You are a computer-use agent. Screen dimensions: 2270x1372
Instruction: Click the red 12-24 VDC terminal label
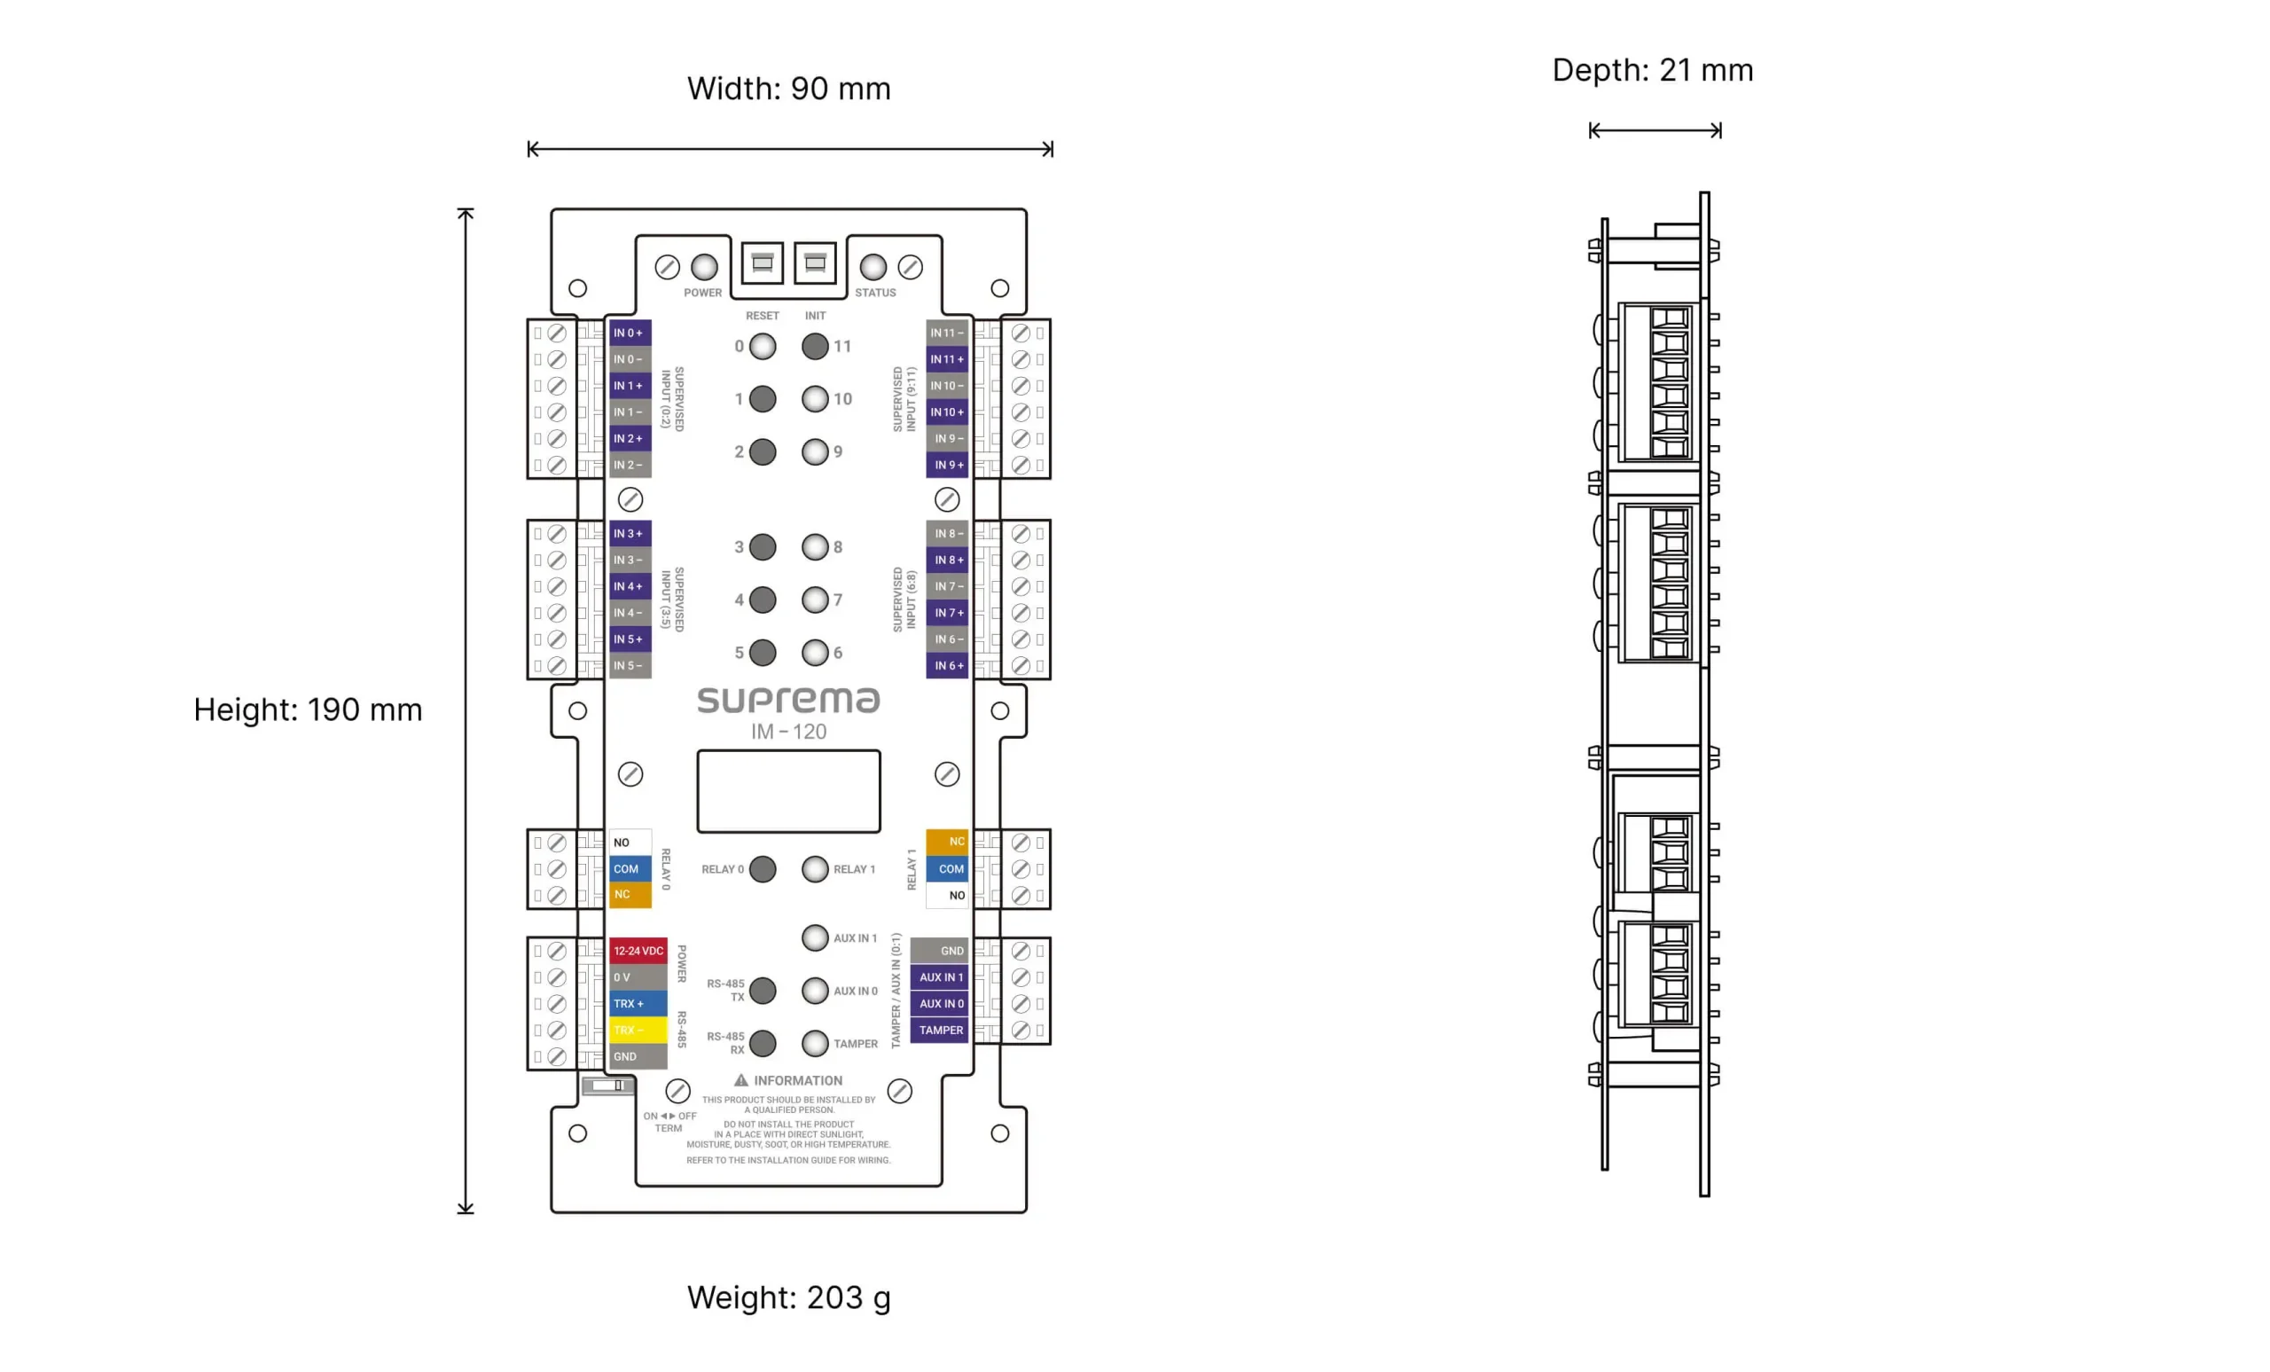(638, 950)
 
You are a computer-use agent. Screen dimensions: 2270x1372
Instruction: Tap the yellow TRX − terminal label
(638, 1030)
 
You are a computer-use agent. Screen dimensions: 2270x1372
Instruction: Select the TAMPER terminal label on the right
(939, 1030)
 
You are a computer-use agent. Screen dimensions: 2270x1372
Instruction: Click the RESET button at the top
(762, 263)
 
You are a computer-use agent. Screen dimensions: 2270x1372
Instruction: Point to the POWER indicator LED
(704, 267)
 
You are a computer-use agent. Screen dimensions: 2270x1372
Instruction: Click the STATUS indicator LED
(873, 267)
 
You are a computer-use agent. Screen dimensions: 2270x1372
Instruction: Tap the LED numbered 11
(814, 347)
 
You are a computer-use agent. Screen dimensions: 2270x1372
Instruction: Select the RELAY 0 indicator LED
(762, 869)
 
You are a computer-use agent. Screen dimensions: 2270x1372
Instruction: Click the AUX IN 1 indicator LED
(814, 937)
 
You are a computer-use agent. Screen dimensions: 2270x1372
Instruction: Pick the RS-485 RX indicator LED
(762, 1043)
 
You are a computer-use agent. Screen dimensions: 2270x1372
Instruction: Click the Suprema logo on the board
(788, 701)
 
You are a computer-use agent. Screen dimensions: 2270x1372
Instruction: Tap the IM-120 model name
(788, 732)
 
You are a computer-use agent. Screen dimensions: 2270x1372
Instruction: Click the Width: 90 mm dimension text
(788, 89)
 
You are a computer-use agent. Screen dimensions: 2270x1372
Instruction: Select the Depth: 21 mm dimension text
(1653, 70)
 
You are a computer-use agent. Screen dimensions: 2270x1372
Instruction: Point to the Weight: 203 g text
(788, 1298)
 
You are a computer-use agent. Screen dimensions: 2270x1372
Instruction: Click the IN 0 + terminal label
(630, 333)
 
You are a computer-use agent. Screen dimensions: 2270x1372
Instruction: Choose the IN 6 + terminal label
(947, 665)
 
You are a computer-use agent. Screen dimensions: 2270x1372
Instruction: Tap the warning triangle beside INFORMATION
(740, 1080)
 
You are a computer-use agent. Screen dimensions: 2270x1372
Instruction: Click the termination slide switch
(608, 1086)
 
